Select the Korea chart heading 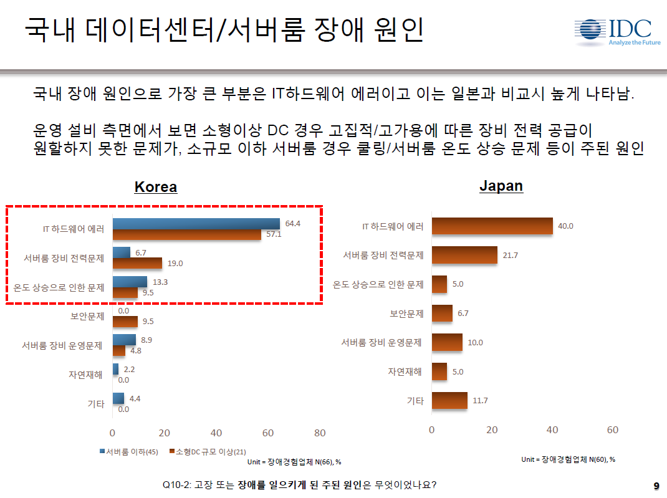tap(156, 187)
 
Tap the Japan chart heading tap(501, 186)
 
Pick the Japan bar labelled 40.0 tap(492, 226)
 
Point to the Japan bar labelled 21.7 tap(464, 255)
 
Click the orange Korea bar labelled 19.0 tap(137, 263)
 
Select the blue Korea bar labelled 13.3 tap(130, 282)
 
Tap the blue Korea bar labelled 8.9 tap(124, 340)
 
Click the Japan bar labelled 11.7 tap(449, 401)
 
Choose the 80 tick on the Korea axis tap(320, 433)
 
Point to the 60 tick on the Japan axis tap(613, 430)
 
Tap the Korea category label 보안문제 tap(87, 316)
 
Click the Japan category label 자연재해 tap(406, 371)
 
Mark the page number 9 tap(656, 486)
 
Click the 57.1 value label tap(272, 234)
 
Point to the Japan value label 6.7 tap(463, 314)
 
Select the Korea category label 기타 tap(95, 403)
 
